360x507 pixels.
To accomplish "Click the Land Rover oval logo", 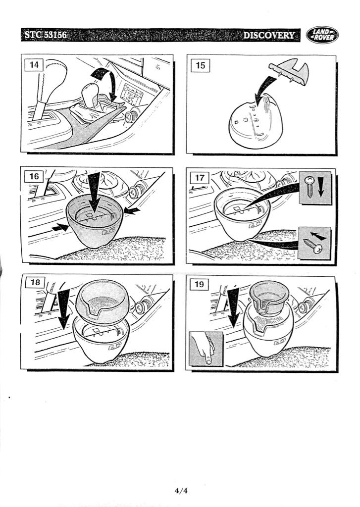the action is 322,35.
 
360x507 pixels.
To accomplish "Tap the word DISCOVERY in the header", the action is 269,35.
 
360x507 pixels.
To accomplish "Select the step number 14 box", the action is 34,65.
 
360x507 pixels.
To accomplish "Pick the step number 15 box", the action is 201,65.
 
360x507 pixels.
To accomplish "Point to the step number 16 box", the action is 34,177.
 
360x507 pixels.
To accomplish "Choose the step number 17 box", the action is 200,178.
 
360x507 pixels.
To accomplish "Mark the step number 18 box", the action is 35,282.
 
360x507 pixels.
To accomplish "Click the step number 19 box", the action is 199,284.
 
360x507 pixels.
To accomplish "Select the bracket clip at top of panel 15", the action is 289,72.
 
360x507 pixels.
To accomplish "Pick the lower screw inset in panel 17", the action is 314,243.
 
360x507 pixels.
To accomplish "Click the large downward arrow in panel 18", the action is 64,308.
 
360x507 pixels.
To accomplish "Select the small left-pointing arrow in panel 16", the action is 132,211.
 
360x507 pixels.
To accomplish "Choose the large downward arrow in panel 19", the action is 233,306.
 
